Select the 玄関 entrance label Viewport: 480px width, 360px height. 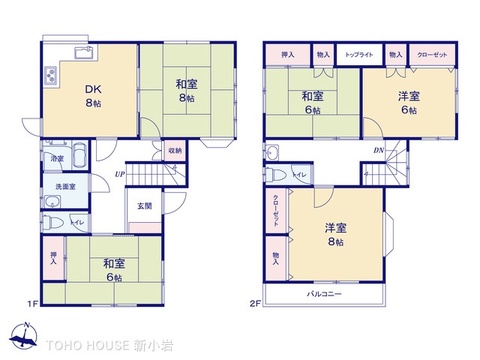[x=144, y=206]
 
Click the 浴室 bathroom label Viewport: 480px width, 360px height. [x=59, y=159]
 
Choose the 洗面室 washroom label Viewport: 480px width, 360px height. [x=64, y=186]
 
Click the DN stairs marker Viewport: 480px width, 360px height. [x=379, y=151]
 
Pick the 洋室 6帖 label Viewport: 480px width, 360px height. [x=407, y=101]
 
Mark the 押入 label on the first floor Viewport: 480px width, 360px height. [x=54, y=256]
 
